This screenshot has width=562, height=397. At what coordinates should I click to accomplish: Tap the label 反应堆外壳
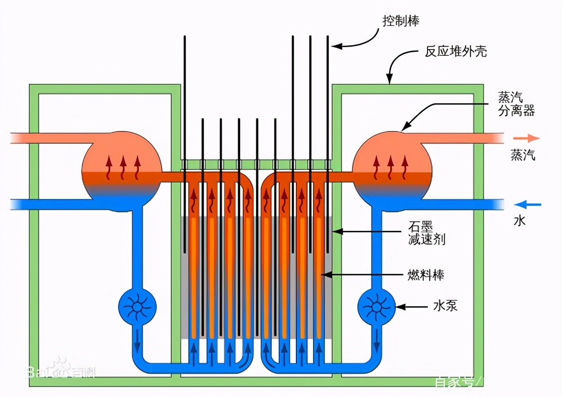(x=455, y=52)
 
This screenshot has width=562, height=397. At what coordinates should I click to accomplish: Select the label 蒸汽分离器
(x=516, y=104)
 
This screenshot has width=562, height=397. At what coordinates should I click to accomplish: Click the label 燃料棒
(x=425, y=275)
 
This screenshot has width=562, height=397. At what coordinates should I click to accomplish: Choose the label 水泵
(x=445, y=305)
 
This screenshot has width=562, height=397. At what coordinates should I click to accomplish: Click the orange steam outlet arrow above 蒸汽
(x=528, y=138)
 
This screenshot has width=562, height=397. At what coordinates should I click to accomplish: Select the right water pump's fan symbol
(x=376, y=307)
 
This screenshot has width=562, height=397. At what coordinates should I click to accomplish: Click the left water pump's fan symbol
(x=137, y=307)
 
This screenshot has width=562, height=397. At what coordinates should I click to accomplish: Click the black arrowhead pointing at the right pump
(x=400, y=306)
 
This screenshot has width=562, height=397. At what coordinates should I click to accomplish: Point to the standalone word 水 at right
(x=519, y=221)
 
